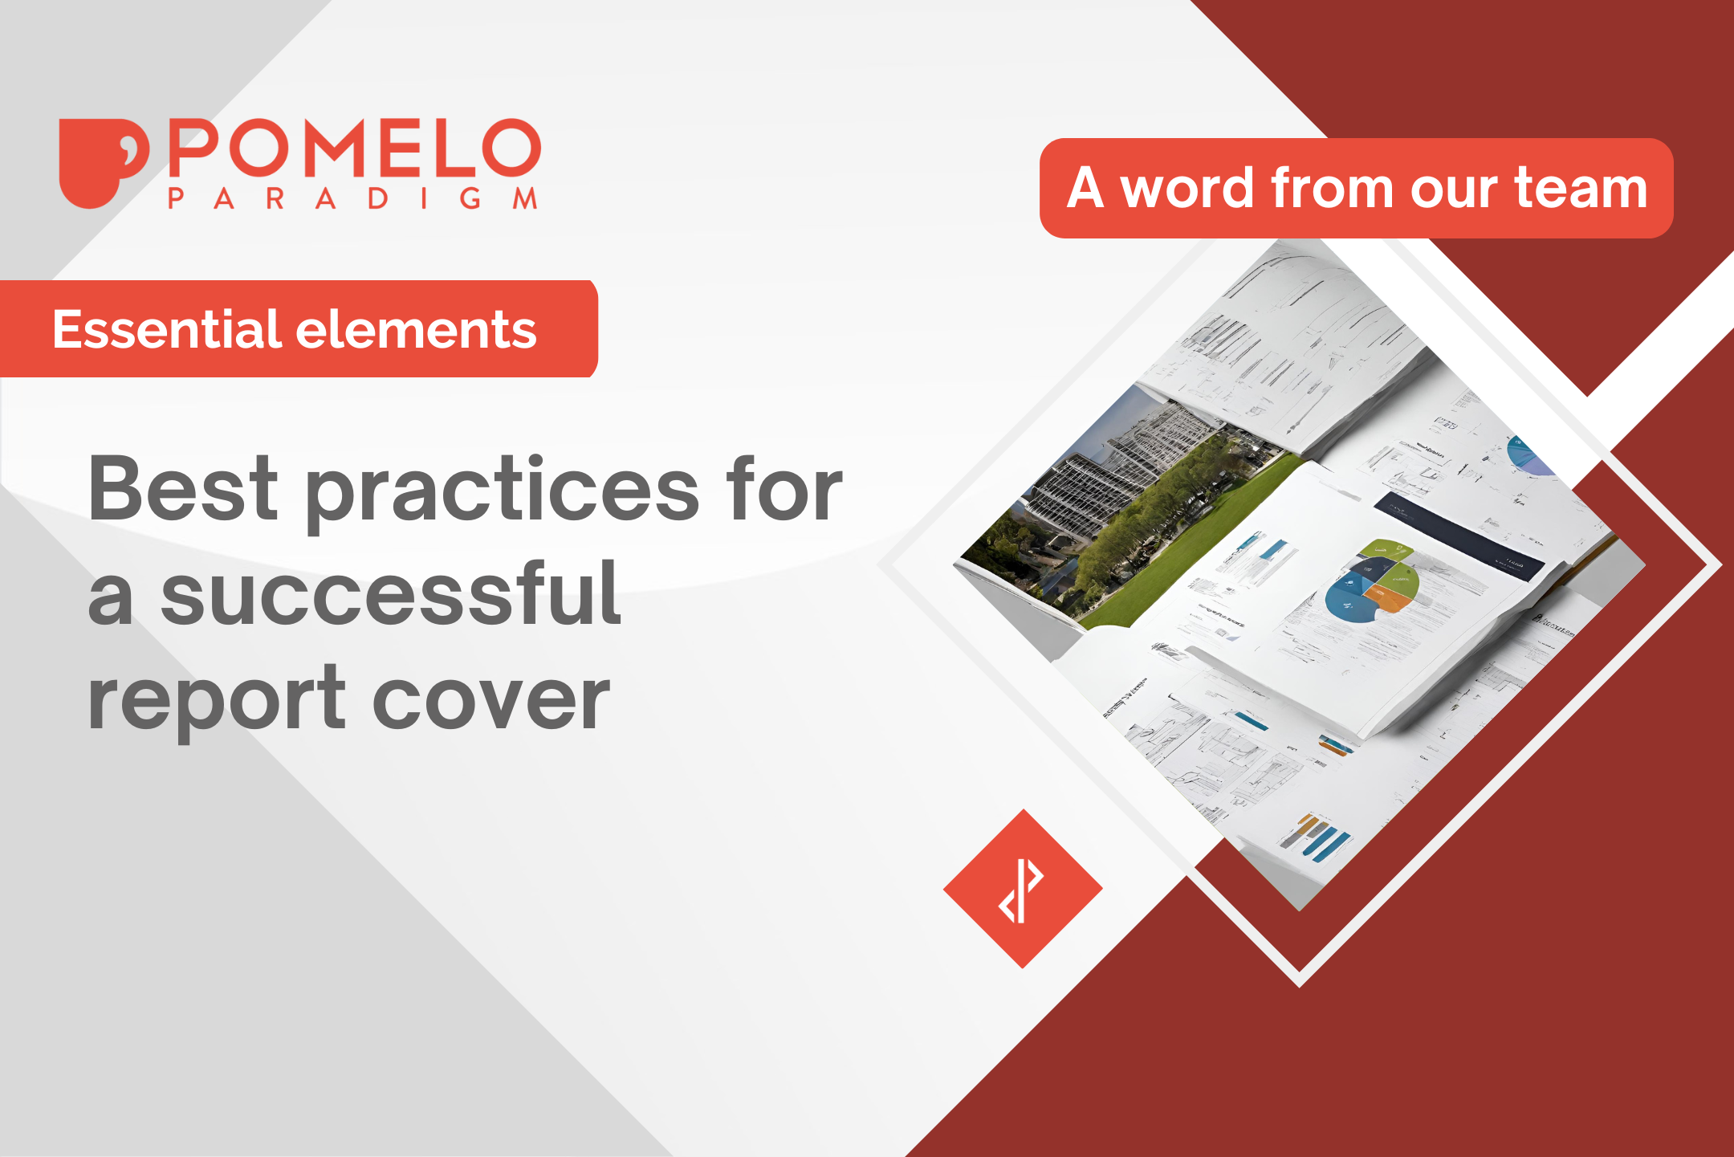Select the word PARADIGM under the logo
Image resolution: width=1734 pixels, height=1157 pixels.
click(x=352, y=198)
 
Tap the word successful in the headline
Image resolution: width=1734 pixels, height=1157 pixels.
click(x=390, y=594)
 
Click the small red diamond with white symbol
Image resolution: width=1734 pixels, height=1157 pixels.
click(x=1022, y=889)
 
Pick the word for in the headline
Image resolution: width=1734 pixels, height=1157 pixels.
click(x=784, y=489)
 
